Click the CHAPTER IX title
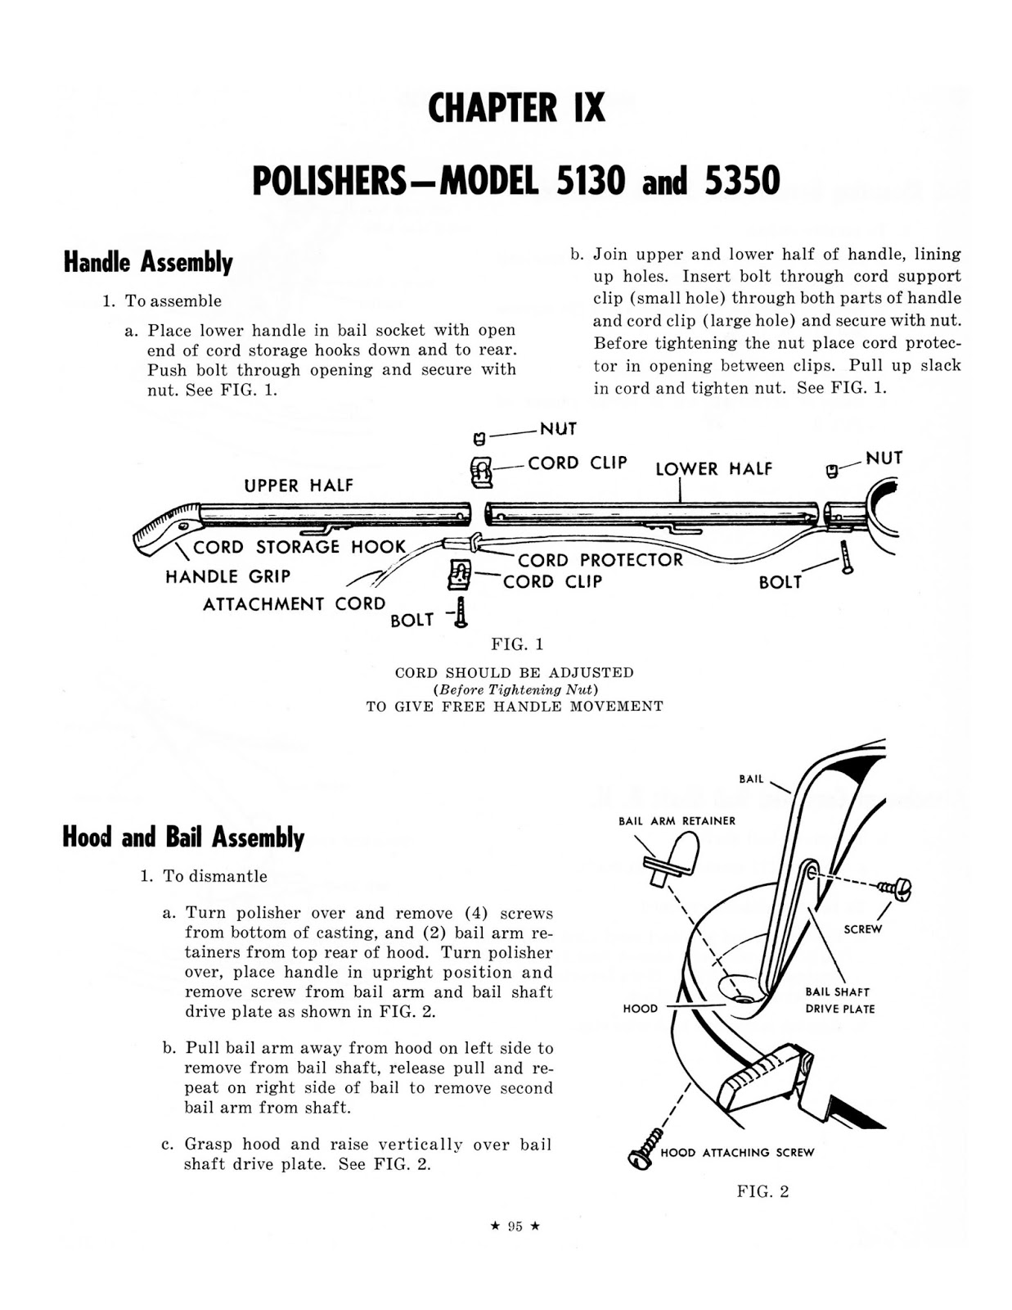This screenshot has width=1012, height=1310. (516, 108)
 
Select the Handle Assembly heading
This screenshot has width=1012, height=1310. (148, 262)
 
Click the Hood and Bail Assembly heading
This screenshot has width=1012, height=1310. (183, 838)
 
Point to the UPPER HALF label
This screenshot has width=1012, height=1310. (299, 486)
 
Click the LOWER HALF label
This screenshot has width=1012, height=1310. (713, 469)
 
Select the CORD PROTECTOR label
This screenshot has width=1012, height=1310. (600, 560)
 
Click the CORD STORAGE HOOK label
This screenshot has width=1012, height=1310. (299, 547)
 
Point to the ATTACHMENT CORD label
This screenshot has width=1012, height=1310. (294, 604)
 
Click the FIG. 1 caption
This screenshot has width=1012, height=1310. (517, 644)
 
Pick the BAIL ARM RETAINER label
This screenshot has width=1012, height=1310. (677, 821)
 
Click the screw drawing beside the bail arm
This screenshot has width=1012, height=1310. (895, 888)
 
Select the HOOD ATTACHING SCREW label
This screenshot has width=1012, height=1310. (737, 1153)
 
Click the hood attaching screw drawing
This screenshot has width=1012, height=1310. (648, 1146)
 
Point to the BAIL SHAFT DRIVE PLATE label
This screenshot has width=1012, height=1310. (839, 1000)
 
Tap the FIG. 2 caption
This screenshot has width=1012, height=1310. (762, 1192)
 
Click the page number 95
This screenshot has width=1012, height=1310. (515, 1226)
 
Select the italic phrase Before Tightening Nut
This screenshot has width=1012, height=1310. (515, 689)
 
